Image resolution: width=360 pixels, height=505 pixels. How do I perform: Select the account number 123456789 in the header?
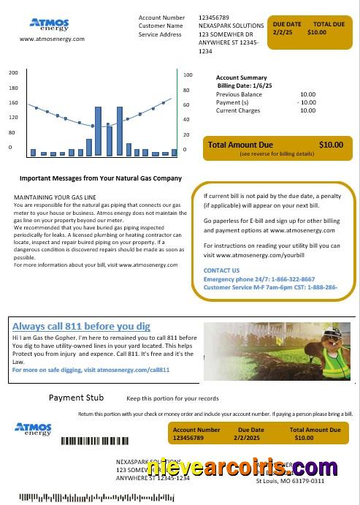(x=214, y=17)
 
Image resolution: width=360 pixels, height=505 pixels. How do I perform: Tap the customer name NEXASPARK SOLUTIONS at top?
(x=231, y=26)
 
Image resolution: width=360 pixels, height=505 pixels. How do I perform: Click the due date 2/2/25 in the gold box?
(x=282, y=33)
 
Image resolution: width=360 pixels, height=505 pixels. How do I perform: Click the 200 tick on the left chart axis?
(x=13, y=73)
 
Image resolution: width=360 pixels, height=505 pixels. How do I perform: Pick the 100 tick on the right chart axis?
(x=188, y=75)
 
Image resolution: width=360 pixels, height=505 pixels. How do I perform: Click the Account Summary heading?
(x=242, y=77)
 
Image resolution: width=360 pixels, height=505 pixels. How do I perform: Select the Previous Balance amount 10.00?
(x=307, y=94)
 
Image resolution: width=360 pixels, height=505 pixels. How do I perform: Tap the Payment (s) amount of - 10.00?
(x=306, y=102)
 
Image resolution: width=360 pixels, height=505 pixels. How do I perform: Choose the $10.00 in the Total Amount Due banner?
(x=330, y=145)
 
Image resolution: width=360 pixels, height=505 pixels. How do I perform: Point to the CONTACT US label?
(x=221, y=270)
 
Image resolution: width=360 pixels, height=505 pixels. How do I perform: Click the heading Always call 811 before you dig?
(x=81, y=326)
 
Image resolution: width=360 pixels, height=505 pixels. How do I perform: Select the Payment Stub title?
(x=76, y=398)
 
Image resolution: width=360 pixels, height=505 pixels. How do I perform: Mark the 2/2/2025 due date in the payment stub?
(x=250, y=438)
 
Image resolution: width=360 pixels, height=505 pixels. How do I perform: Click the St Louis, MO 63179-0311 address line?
(x=290, y=481)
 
